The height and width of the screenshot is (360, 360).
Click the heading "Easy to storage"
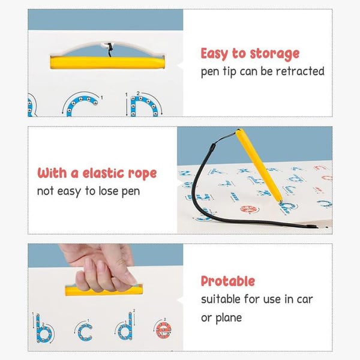coord(250,54)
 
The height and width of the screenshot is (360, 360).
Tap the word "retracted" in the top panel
coord(300,71)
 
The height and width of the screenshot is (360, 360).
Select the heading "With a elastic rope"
coord(97,173)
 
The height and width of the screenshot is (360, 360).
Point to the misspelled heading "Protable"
coord(228,281)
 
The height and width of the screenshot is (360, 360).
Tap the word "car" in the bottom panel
coord(305,299)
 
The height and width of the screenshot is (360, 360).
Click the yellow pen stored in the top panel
coord(107,63)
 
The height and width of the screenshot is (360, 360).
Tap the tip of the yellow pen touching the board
coord(280,202)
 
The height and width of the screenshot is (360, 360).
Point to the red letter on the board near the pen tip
coord(248,209)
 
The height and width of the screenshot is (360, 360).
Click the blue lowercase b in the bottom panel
coord(44,329)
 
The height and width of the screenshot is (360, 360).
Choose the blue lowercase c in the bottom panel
coord(79,332)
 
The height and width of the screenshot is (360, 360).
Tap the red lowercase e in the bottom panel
coord(163,330)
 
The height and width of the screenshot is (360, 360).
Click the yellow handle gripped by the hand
coord(104,290)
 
